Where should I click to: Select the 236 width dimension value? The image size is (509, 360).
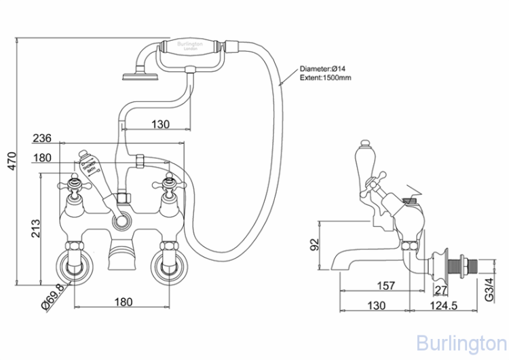(42, 138)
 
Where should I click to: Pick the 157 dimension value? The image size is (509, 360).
(386, 285)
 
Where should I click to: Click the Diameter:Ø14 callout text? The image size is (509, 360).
(322, 69)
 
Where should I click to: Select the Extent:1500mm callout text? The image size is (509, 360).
(326, 78)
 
